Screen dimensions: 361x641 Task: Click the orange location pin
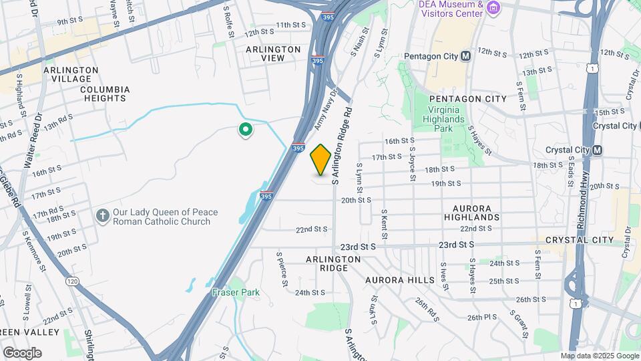point(320,160)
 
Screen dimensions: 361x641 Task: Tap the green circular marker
point(245,130)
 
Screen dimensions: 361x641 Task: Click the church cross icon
point(102,215)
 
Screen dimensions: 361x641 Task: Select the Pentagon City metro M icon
point(465,56)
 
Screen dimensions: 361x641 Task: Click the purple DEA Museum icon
point(493,8)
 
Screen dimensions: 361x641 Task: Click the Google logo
point(22,353)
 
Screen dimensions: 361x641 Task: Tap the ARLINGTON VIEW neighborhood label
point(274,53)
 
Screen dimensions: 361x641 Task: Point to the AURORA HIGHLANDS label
point(476,213)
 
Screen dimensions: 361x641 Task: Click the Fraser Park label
point(236,292)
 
